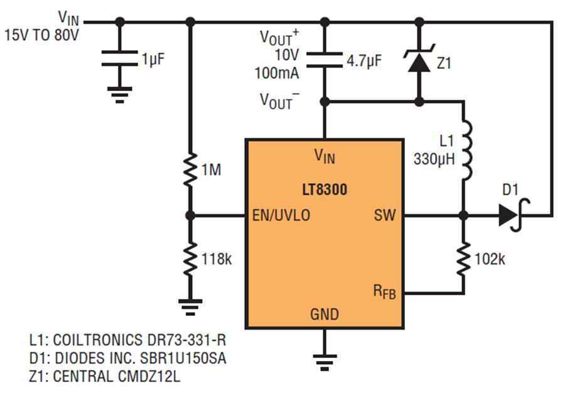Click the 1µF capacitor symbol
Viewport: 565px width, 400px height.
coord(120,58)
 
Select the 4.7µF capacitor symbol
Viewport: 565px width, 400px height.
coord(325,60)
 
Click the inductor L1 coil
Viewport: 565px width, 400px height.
coord(466,150)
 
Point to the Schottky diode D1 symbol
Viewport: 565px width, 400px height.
coord(514,215)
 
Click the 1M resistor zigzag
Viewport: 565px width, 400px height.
coord(190,170)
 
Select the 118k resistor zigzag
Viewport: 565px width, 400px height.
coord(190,259)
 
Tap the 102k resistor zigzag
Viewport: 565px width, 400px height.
coord(463,259)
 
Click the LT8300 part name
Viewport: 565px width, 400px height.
coord(325,190)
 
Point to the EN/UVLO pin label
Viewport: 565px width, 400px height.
coord(281,215)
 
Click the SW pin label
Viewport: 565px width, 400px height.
coord(385,215)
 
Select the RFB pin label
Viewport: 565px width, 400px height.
coord(384,291)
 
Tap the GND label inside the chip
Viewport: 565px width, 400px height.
coord(325,314)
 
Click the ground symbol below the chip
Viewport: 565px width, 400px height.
coord(325,362)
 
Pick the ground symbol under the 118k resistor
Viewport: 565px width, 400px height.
coord(190,308)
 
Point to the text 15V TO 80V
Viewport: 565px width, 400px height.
coord(41,35)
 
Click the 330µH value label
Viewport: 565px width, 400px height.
coord(434,159)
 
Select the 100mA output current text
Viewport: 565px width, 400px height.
coord(277,73)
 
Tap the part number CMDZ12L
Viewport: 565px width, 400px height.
coord(149,376)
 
